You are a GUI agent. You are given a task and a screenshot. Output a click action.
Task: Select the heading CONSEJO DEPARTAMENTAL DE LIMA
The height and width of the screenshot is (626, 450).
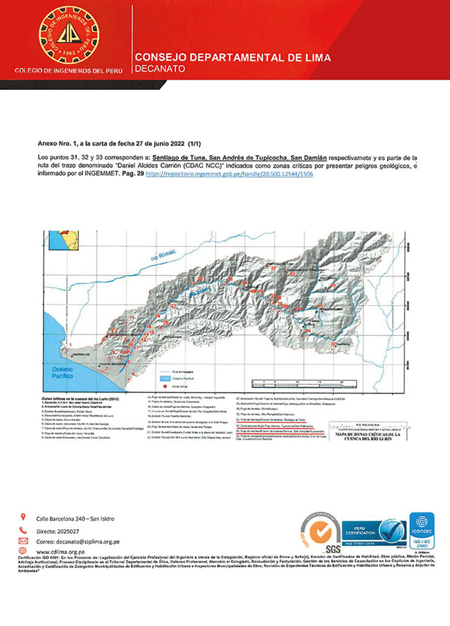[233, 57]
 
